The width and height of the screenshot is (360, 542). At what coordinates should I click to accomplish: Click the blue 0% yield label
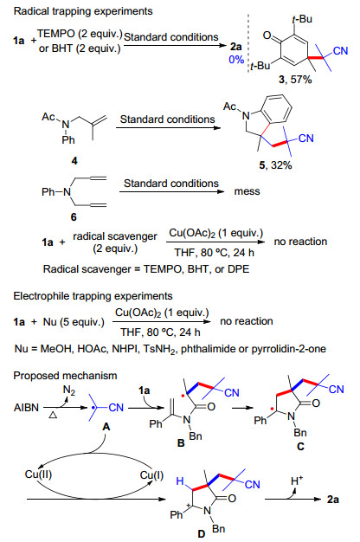[236, 60]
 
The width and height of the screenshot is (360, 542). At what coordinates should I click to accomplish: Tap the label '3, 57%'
[295, 80]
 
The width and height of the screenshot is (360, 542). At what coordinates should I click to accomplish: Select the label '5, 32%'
[275, 165]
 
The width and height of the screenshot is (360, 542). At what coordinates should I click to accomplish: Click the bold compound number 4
[74, 161]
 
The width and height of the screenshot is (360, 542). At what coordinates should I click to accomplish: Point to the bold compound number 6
[74, 217]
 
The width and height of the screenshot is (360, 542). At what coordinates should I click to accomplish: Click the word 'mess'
[247, 191]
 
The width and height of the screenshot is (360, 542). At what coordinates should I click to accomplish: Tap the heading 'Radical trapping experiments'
[83, 11]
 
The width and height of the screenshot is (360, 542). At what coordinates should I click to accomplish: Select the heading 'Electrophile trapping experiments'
[93, 296]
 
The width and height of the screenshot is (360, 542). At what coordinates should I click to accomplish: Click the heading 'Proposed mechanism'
[65, 376]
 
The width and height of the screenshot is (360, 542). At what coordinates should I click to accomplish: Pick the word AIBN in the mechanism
[26, 408]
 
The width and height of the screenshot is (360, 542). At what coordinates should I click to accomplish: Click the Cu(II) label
[38, 474]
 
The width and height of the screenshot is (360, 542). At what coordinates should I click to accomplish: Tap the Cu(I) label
[151, 475]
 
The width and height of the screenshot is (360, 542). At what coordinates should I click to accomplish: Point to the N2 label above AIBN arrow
[69, 390]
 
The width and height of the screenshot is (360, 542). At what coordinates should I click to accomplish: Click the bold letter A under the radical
[106, 427]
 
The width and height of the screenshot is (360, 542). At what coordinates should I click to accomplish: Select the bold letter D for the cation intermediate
[202, 533]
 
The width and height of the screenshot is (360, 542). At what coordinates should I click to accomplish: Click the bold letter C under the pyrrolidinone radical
[300, 447]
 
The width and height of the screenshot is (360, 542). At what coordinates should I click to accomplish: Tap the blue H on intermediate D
[180, 481]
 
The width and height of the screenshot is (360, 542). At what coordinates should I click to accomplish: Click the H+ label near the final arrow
[297, 481]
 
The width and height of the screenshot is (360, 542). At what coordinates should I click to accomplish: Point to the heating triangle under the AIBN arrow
[53, 415]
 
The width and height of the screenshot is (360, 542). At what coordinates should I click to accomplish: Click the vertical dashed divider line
[248, 43]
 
